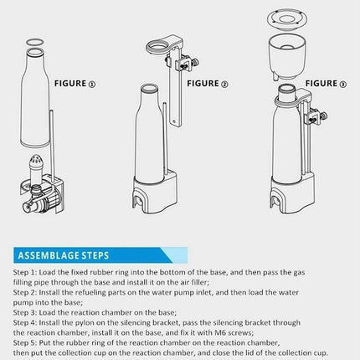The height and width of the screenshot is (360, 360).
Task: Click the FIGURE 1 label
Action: coord(75,84)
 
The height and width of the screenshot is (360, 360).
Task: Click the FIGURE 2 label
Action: coord(208,84)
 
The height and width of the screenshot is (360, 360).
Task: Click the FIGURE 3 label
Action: coord(326,84)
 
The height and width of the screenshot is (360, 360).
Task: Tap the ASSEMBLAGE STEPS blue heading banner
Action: coord(100,255)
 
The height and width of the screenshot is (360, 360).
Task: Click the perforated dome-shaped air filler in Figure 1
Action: coord(36,162)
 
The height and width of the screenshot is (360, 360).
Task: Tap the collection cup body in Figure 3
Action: coord(287,58)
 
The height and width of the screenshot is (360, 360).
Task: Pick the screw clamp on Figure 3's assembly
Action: coord(316,116)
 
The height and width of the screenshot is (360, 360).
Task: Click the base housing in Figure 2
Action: coord(155,193)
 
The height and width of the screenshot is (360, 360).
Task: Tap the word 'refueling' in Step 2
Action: coord(90,292)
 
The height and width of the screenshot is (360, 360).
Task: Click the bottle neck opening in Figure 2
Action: coord(150,89)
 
